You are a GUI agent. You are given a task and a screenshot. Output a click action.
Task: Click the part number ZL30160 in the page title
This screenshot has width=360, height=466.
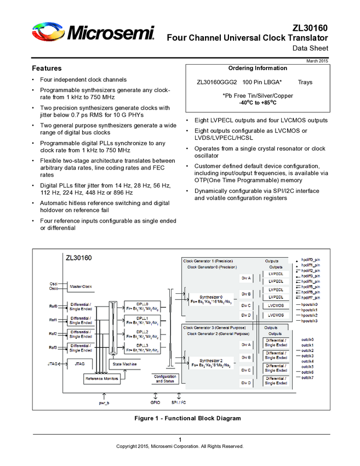[310, 27]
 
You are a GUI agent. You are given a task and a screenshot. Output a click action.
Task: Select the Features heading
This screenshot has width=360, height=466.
[47, 69]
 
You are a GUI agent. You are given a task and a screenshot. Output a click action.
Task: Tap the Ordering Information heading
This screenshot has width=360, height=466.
[257, 68]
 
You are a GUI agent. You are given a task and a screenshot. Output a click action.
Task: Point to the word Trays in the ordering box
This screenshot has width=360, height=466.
[305, 82]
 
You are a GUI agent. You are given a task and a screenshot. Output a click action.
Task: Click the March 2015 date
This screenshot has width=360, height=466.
[317, 60]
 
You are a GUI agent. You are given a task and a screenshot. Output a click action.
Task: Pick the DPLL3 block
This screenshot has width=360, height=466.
[141, 348]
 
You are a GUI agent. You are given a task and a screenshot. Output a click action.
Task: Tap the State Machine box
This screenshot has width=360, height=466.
[124, 364]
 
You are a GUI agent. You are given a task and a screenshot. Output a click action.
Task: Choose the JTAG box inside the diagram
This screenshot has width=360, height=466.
[79, 363]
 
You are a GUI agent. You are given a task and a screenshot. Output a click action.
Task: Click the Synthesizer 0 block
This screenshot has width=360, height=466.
[211, 299]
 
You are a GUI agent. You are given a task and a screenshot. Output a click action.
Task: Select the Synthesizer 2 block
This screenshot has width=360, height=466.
[211, 362]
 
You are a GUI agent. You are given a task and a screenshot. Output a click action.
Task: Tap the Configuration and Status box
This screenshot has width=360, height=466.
[165, 378]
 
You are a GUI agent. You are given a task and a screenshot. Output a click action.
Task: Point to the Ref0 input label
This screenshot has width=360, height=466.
[53, 306]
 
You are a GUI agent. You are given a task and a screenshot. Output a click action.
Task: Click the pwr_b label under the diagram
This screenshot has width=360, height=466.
[104, 403]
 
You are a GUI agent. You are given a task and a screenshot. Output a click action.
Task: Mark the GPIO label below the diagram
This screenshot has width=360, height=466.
[155, 403]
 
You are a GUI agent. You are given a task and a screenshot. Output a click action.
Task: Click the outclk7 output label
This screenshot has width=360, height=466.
[307, 378]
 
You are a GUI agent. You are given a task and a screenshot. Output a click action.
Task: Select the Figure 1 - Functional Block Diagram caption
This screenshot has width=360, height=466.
[187, 418]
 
